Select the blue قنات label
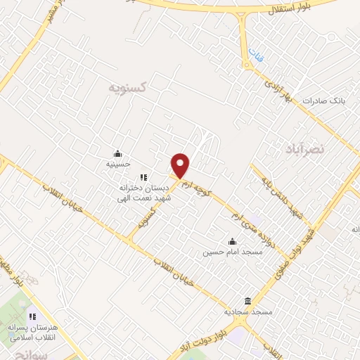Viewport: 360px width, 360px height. tap(253, 54)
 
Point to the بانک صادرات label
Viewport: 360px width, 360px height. tap(326, 101)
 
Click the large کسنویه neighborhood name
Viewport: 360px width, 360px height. tap(127, 88)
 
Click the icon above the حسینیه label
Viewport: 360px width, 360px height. tap(117, 154)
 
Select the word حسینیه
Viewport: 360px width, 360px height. tap(117, 164)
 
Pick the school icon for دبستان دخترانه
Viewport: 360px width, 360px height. tap(143, 178)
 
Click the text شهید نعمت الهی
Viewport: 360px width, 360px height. tap(143, 198)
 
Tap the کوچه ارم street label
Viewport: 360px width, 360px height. tap(200, 186)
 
